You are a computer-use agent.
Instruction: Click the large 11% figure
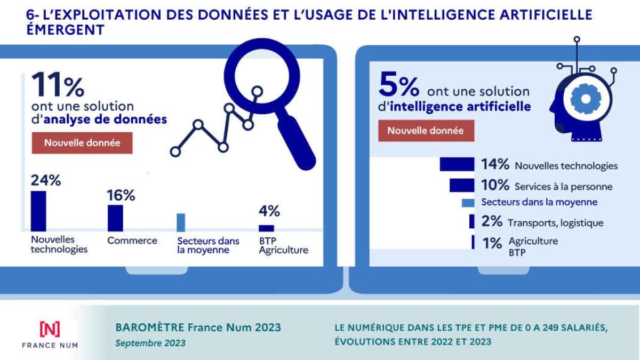[58, 85]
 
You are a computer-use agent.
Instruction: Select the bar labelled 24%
[38, 210]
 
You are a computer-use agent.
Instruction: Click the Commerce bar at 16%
[115, 218]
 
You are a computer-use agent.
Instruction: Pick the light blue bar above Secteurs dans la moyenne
[181, 222]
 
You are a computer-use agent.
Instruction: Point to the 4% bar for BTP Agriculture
[266, 228]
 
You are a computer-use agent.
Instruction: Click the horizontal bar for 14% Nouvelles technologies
[457, 165]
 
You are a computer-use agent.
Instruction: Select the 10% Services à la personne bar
[462, 185]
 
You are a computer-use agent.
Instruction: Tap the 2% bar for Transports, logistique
[471, 221]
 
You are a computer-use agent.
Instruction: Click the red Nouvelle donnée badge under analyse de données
[82, 143]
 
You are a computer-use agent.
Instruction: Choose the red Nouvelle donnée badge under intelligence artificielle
[426, 131]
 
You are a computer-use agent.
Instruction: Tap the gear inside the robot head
[586, 99]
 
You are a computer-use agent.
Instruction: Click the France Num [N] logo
[50, 329]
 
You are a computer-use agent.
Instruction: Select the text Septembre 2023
[150, 343]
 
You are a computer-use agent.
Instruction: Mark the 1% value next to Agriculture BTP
[492, 243]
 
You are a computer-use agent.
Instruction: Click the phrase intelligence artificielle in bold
[460, 107]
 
